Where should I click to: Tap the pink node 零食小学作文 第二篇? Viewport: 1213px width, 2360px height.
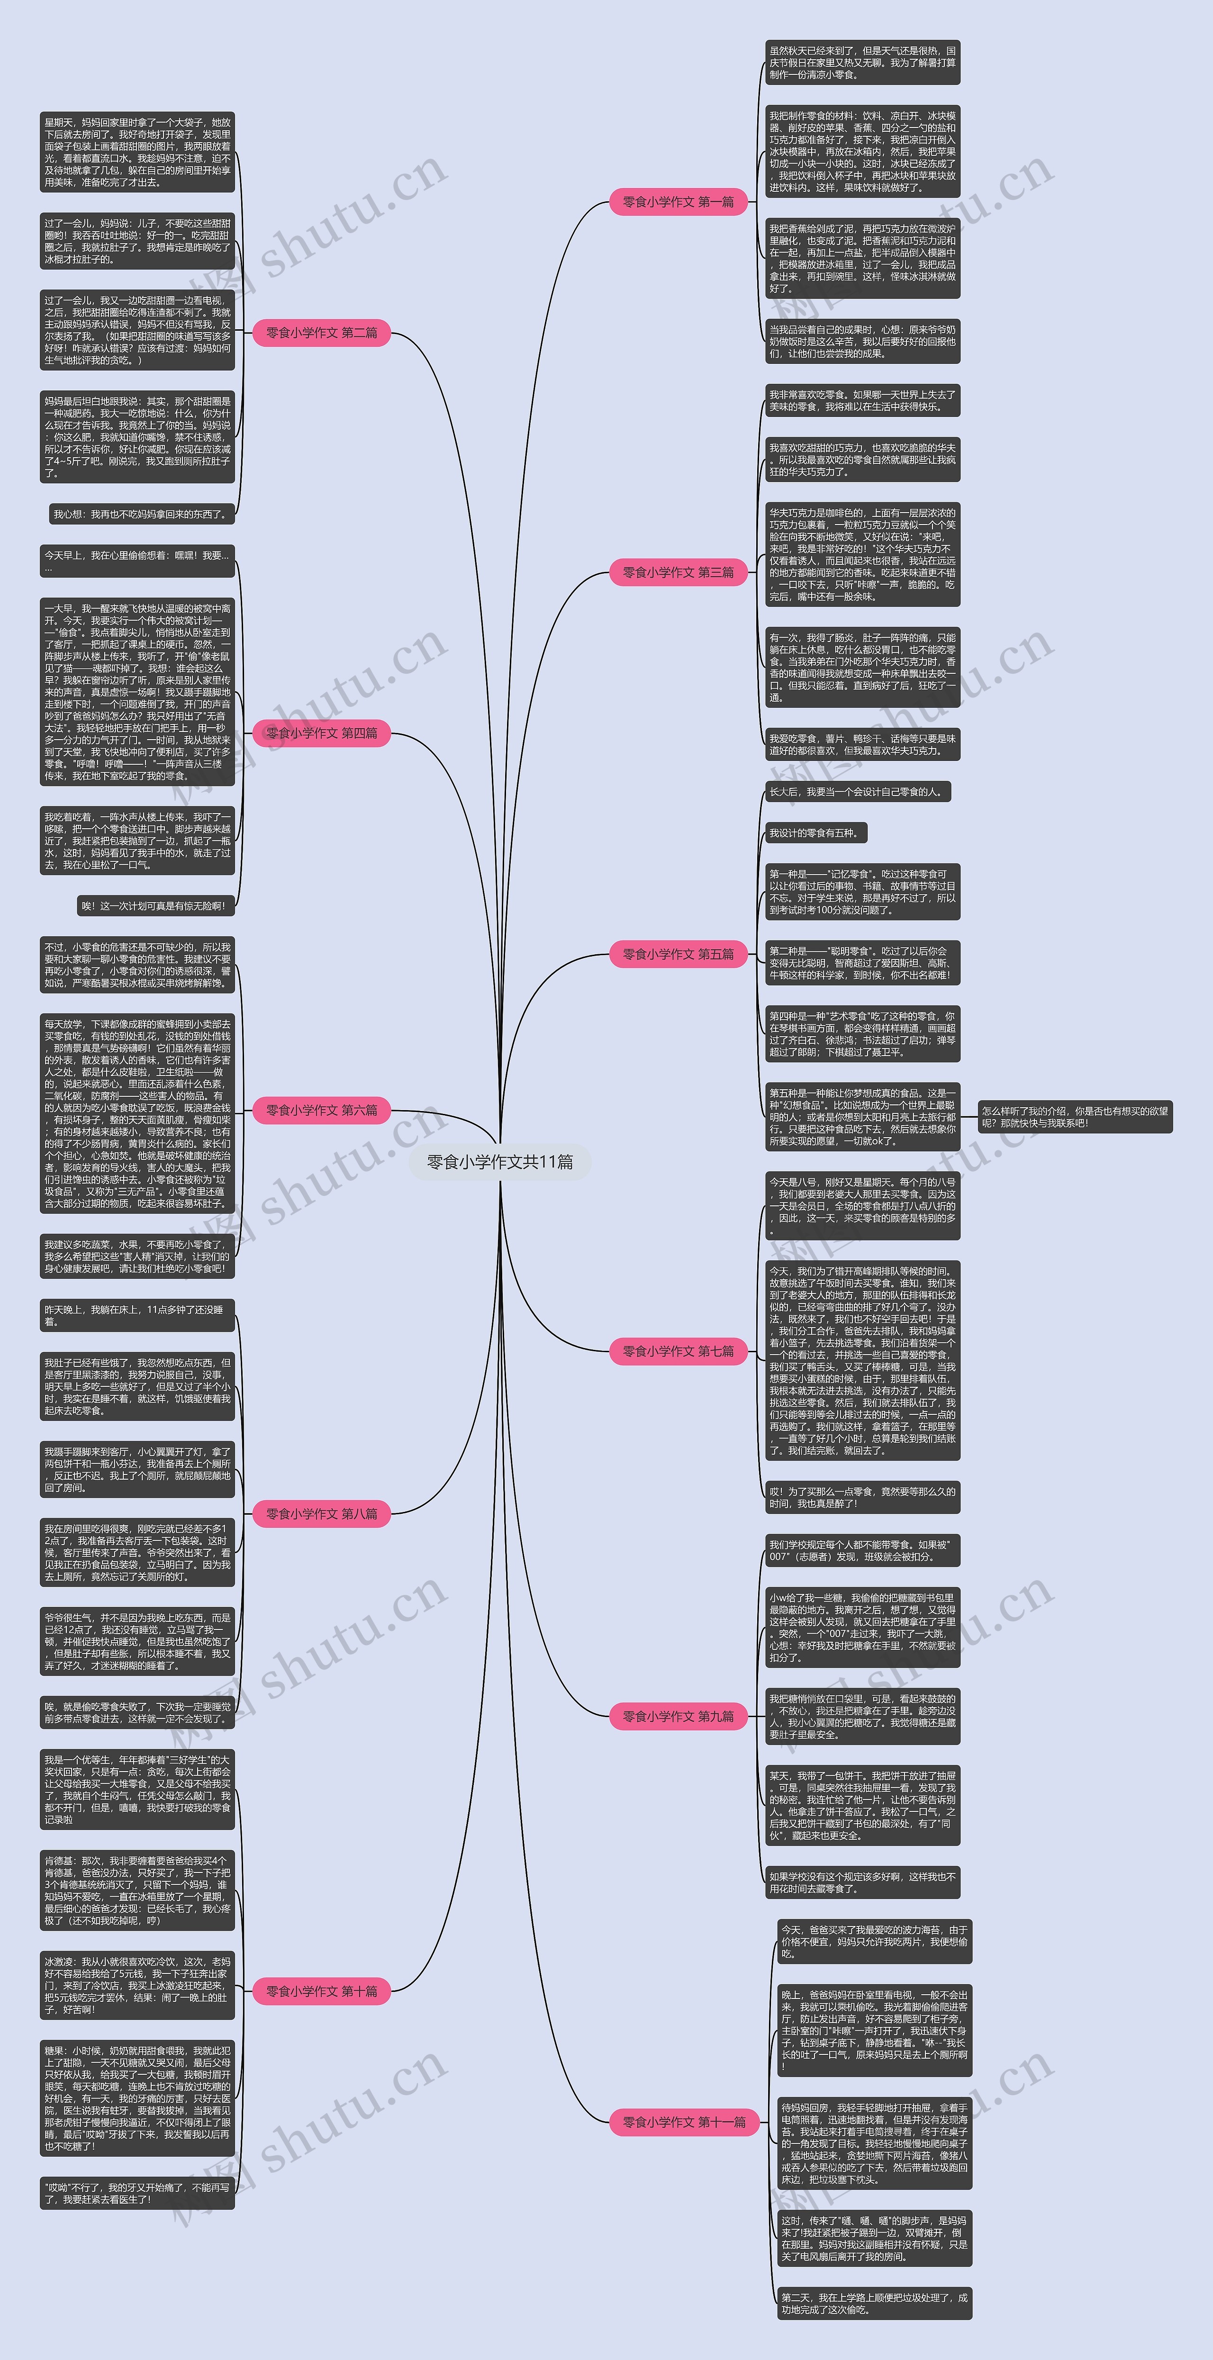322,333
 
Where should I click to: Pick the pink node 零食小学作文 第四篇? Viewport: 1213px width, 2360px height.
322,733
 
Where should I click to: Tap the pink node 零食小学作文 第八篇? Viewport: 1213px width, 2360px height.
322,1513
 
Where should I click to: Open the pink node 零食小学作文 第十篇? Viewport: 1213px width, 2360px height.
322,1991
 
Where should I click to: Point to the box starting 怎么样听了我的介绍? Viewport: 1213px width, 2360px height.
1075,1117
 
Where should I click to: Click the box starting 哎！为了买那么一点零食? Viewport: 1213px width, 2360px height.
862,1497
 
